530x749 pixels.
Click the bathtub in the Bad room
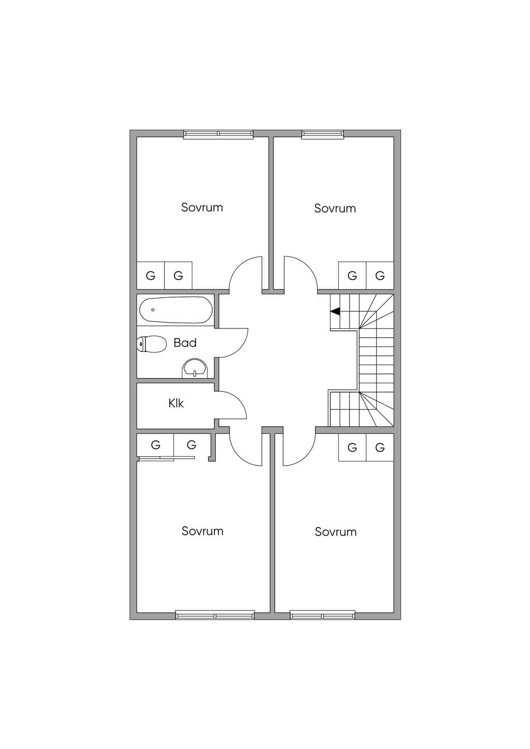175,310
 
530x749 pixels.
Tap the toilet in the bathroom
152,344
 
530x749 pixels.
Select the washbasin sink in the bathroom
195,368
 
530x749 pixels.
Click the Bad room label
185,343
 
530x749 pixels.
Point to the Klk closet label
176,403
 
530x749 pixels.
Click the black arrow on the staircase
335,311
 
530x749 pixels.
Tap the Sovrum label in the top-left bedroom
202,207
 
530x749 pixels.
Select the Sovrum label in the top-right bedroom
334,208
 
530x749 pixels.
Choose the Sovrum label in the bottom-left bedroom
202,531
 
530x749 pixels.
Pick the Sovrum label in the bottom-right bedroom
335,532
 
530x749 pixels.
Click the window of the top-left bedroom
218,133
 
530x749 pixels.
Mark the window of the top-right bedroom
322,133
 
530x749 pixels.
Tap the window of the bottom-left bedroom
215,615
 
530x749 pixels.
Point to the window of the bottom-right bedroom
322,615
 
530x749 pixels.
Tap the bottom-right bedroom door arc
306,456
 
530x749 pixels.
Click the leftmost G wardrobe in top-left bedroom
151,276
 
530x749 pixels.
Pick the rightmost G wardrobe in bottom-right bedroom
380,447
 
